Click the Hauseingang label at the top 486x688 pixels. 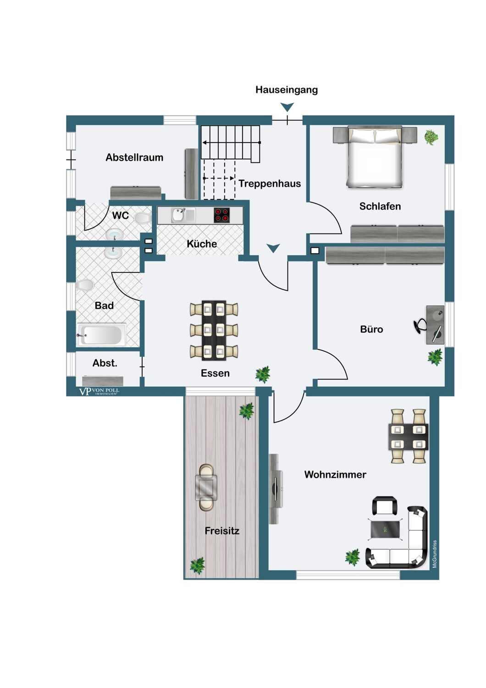pyautogui.click(x=287, y=90)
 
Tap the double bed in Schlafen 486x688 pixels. pyautogui.click(x=375, y=158)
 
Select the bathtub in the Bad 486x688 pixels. pyautogui.click(x=102, y=335)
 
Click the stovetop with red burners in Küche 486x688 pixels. pyautogui.click(x=222, y=215)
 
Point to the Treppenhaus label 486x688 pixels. pyautogui.click(x=270, y=183)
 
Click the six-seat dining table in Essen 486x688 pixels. pyautogui.click(x=214, y=329)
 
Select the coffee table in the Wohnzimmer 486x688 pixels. pyautogui.click(x=385, y=530)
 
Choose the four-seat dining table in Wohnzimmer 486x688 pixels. pyautogui.click(x=408, y=437)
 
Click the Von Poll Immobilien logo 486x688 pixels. pyautogui.click(x=99, y=391)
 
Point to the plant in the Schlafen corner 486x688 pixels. pyautogui.click(x=431, y=137)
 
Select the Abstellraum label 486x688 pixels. pyautogui.click(x=134, y=157)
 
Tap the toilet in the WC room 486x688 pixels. pyautogui.click(x=143, y=218)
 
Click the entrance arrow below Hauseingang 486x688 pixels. pyautogui.click(x=287, y=107)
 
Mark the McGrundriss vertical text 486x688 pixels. pyautogui.click(x=435, y=554)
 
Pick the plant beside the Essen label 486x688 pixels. pyautogui.click(x=263, y=374)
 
